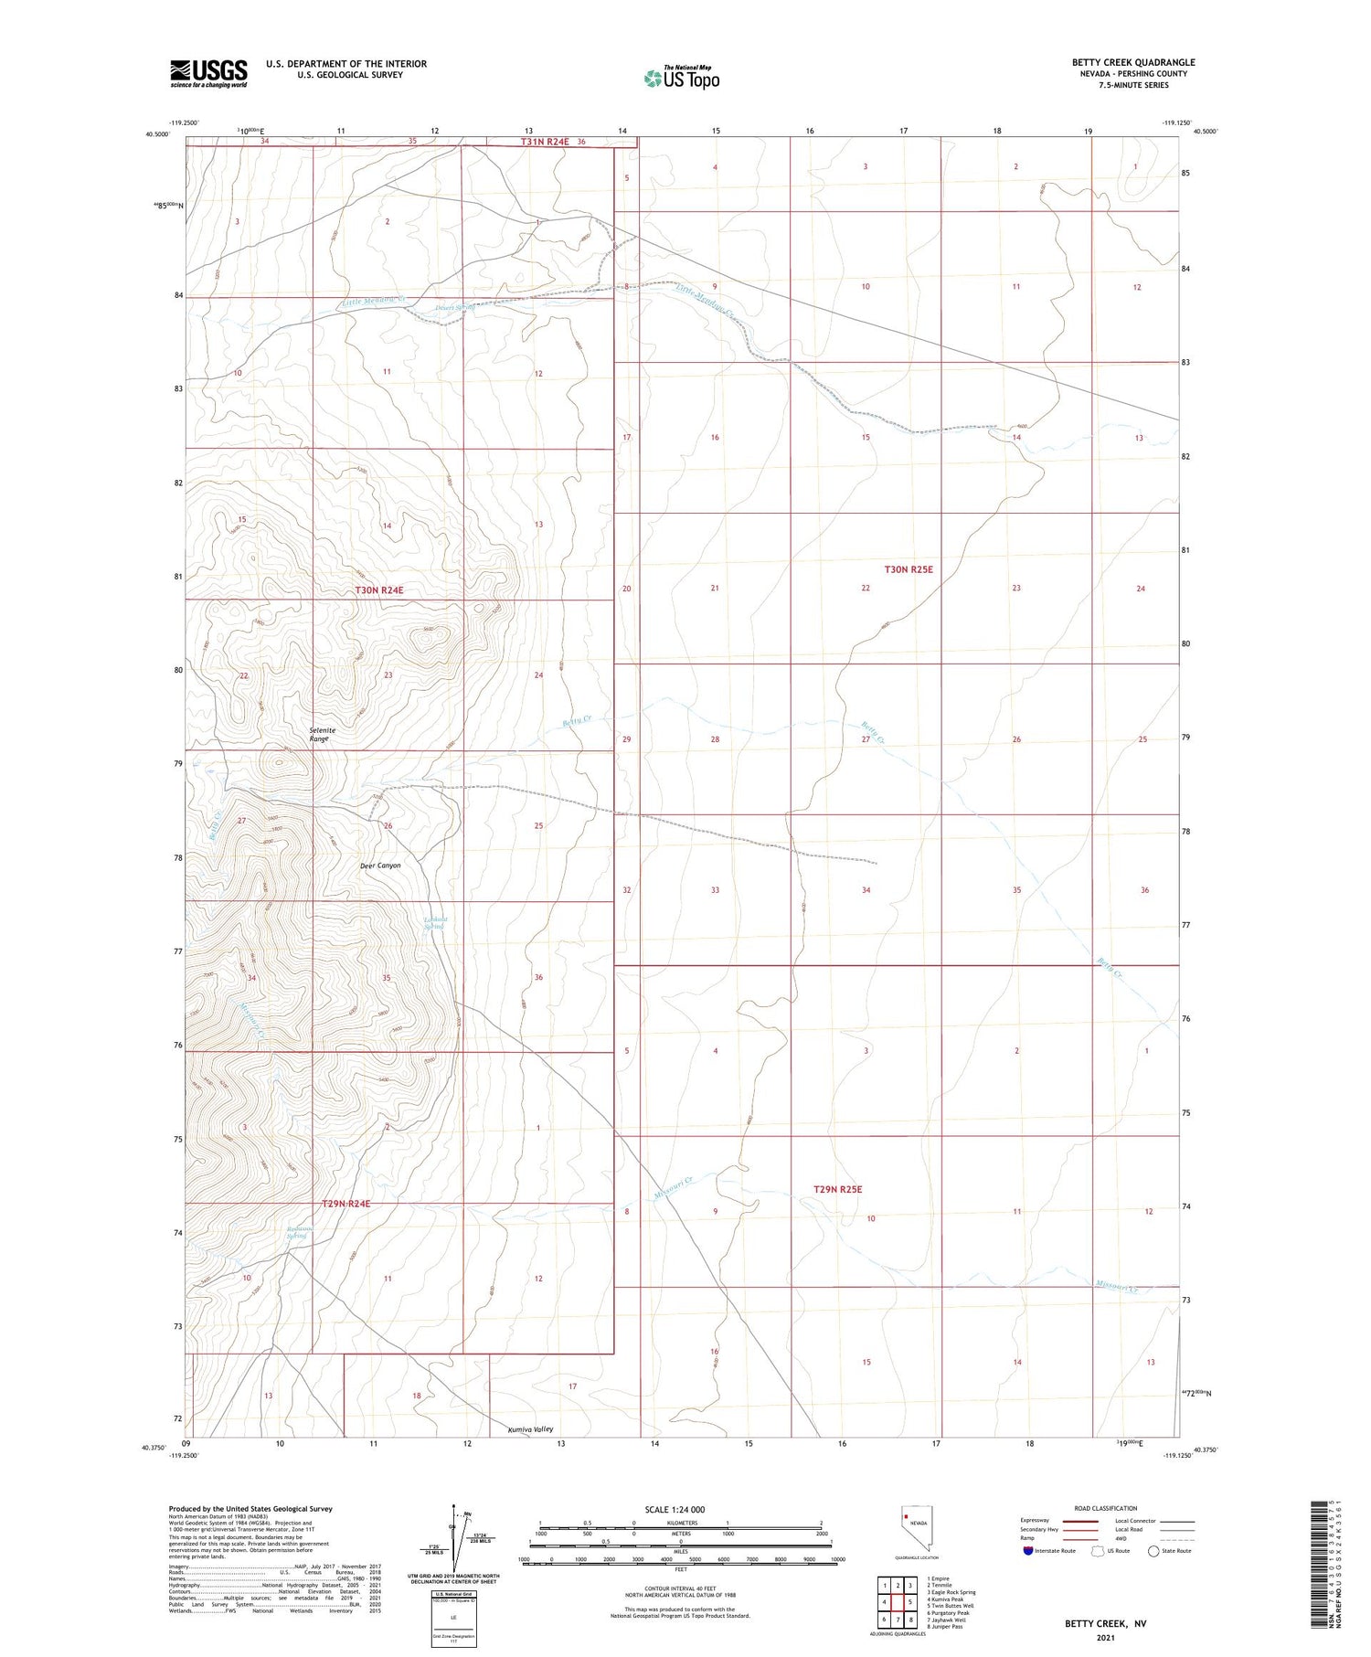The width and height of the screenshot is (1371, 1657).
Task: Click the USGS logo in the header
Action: coord(208,73)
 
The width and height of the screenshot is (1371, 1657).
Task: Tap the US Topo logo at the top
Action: coord(682,78)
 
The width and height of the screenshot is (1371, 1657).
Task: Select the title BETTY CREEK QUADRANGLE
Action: coord(1133,62)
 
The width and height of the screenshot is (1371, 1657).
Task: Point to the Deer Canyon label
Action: coord(380,866)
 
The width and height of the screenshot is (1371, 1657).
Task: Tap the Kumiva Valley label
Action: coord(530,1429)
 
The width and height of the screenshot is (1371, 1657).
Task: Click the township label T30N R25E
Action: coord(909,569)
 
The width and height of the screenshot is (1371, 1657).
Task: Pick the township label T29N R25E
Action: coord(837,1189)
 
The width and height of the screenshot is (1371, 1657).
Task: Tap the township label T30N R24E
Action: coord(379,590)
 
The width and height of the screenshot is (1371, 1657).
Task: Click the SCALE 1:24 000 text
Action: coord(675,1509)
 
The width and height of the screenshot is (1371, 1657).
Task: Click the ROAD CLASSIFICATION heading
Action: coord(1106,1508)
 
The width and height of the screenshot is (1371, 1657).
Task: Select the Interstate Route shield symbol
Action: coord(1028,1551)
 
